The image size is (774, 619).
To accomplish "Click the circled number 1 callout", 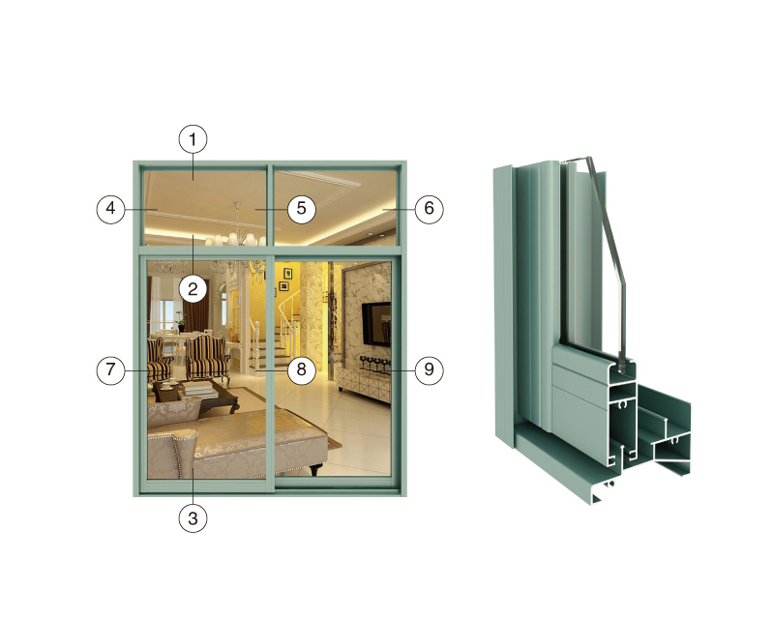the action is (193, 139).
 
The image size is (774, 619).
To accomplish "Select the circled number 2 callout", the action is (193, 289).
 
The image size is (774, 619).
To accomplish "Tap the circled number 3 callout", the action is (193, 518).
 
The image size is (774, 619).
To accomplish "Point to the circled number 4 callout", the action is (110, 209).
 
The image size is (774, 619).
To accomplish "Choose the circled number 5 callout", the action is (302, 209).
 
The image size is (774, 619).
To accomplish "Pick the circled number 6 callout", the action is (429, 209).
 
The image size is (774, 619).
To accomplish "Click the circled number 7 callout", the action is (110, 369).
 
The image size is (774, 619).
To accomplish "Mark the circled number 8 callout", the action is (302, 369).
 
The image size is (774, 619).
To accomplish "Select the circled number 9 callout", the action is (429, 369).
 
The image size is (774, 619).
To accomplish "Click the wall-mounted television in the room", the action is (376, 324).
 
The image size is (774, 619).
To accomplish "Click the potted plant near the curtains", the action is (181, 321).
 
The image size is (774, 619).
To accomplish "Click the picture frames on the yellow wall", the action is (285, 280).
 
